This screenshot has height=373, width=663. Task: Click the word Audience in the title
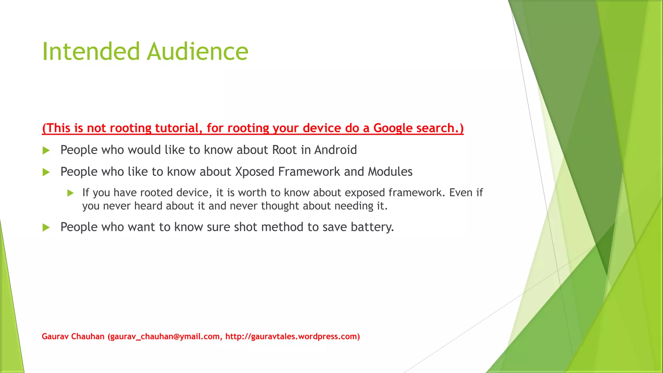197,51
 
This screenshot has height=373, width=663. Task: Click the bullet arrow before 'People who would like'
46,151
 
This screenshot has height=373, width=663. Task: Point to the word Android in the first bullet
335,150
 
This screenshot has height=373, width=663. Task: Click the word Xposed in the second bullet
254,172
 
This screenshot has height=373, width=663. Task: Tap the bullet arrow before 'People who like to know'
46,172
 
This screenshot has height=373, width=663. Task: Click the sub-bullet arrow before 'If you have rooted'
71,193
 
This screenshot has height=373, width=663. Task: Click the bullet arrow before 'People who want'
46,228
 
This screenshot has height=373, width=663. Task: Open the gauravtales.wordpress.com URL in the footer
291,337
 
